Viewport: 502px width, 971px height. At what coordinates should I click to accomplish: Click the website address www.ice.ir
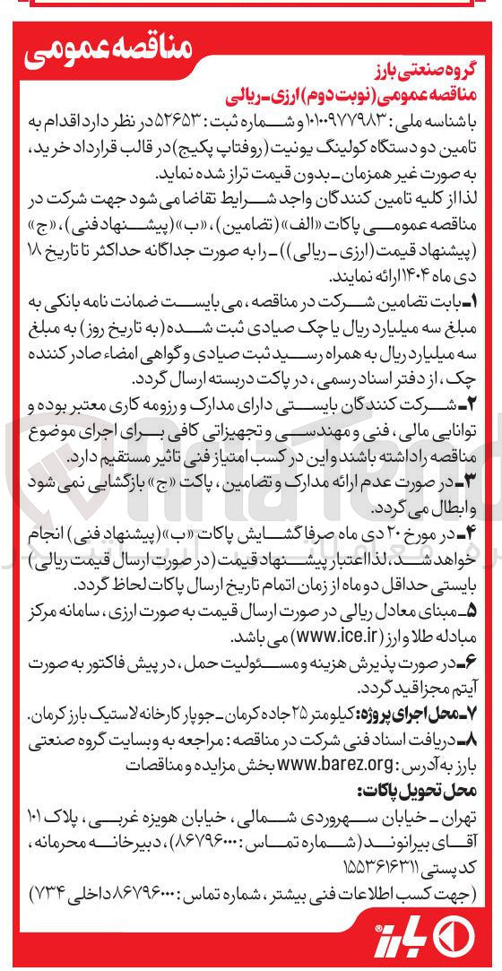(x=297, y=638)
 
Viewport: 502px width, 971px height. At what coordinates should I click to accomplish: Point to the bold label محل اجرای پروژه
(x=420, y=717)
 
